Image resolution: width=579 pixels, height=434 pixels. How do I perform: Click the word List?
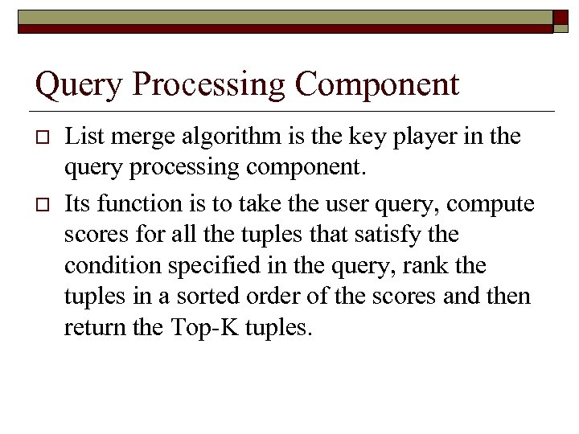[81, 137]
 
